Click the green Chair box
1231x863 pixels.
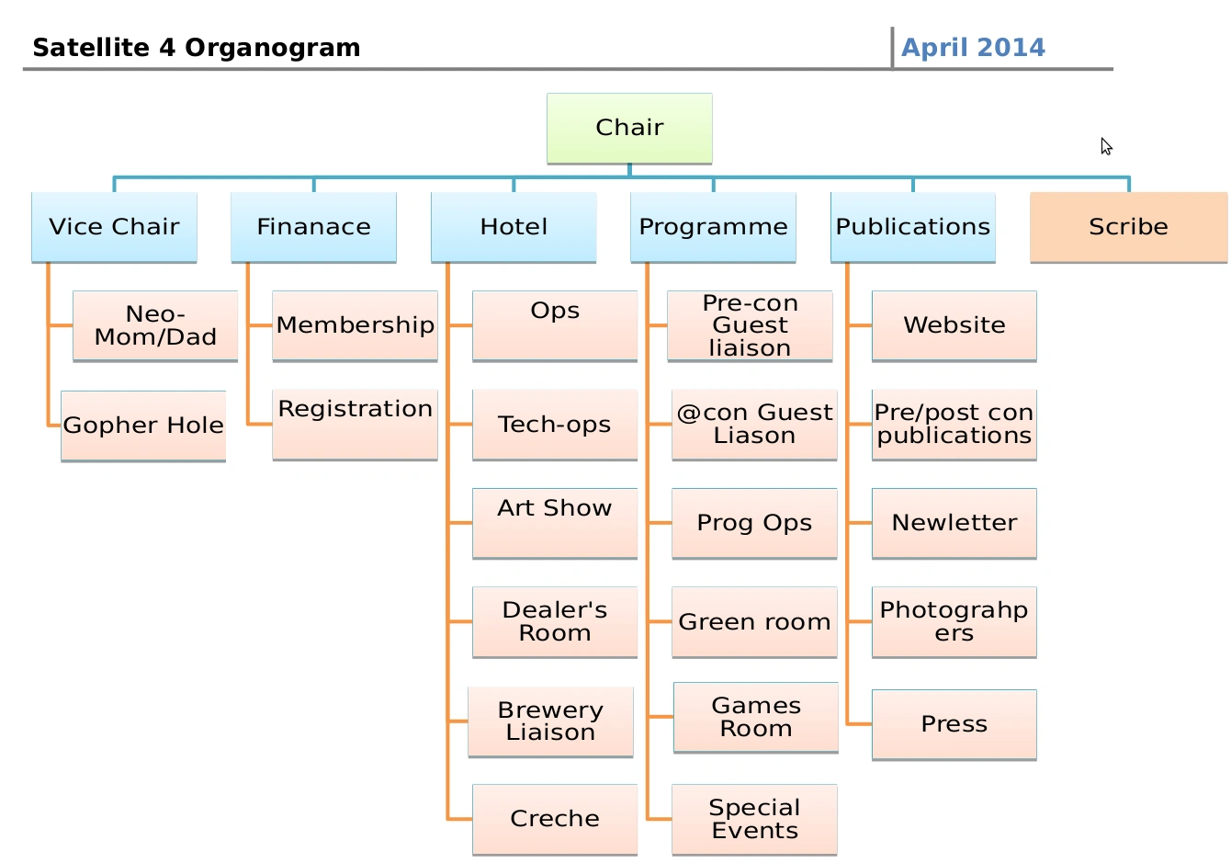[x=629, y=128]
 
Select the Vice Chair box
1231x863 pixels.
[x=114, y=227]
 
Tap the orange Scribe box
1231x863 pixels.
[x=1128, y=227]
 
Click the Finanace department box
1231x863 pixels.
[x=313, y=227]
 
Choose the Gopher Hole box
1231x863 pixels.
[x=143, y=426]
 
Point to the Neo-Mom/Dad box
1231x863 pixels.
[x=155, y=326]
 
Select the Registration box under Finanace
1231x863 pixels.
[x=355, y=424]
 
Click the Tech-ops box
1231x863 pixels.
[x=555, y=425]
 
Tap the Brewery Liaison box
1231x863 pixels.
[x=550, y=721]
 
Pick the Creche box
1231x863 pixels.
[x=555, y=819]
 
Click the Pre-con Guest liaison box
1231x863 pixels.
[x=750, y=326]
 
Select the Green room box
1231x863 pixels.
[x=754, y=622]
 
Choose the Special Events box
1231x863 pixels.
[x=754, y=819]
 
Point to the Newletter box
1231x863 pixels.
[x=954, y=523]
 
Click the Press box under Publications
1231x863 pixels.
[x=954, y=724]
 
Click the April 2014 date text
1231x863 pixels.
[x=973, y=48]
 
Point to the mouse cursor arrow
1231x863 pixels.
[x=1106, y=146]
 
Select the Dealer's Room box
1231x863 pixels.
[x=555, y=622]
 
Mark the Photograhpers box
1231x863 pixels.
[x=954, y=622]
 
